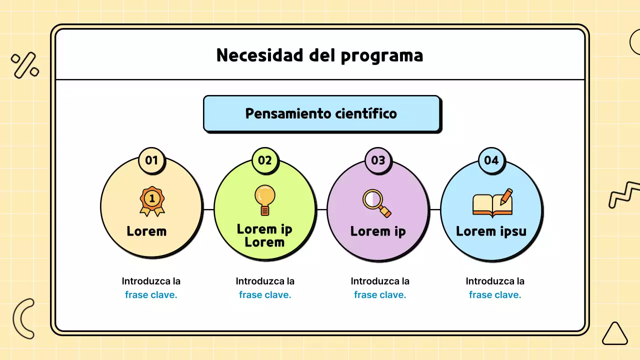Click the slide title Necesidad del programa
[x=319, y=55]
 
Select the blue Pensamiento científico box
[x=321, y=113]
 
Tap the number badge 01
[x=151, y=160]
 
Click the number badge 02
[x=265, y=160]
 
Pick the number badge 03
[x=378, y=160]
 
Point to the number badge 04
[x=491, y=160]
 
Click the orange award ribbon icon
[x=152, y=201]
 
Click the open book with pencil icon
[x=493, y=203]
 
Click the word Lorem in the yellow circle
[x=146, y=231]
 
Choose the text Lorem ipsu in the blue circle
[x=491, y=231]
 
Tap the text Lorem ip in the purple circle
[x=378, y=231]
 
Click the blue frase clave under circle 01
[x=151, y=295]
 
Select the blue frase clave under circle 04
[x=495, y=295]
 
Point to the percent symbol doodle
[x=25, y=65]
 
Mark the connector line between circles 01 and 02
[x=208, y=209]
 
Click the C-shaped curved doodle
[x=22, y=318]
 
